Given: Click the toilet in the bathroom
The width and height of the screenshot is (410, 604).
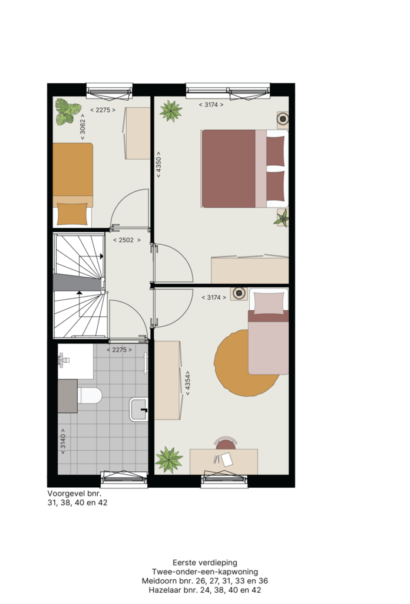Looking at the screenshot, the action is (90, 396).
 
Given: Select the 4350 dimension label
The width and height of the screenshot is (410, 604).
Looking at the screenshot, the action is (158, 165).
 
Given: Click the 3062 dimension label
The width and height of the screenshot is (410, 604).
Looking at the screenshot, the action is (82, 127).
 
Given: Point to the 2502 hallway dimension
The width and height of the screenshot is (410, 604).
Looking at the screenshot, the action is (127, 240).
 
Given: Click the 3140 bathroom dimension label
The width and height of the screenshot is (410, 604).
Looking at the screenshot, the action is (63, 441).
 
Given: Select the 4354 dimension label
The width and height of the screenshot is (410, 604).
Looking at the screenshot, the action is (188, 383).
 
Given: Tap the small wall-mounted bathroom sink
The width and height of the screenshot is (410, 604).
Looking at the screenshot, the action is (139, 409).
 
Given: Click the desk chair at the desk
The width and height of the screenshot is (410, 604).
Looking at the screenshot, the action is (226, 444).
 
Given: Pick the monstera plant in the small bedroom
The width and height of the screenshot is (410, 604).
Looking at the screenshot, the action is (68, 111).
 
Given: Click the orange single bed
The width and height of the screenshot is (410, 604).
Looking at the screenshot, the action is (72, 185).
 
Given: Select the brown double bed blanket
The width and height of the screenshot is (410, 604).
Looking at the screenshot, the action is (229, 169).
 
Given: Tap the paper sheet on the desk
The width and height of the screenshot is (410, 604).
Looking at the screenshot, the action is (227, 459).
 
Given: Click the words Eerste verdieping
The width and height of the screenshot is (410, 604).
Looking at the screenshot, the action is (205, 563).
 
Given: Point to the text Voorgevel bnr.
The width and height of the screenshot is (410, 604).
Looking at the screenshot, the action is (74, 494).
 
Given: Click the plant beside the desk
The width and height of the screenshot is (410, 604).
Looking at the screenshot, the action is (169, 460).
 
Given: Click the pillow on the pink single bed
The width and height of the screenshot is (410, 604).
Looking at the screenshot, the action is (269, 303).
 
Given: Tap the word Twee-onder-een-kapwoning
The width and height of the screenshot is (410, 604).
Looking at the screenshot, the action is (205, 572).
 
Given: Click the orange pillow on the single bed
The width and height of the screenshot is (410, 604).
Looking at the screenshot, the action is (72, 214).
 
